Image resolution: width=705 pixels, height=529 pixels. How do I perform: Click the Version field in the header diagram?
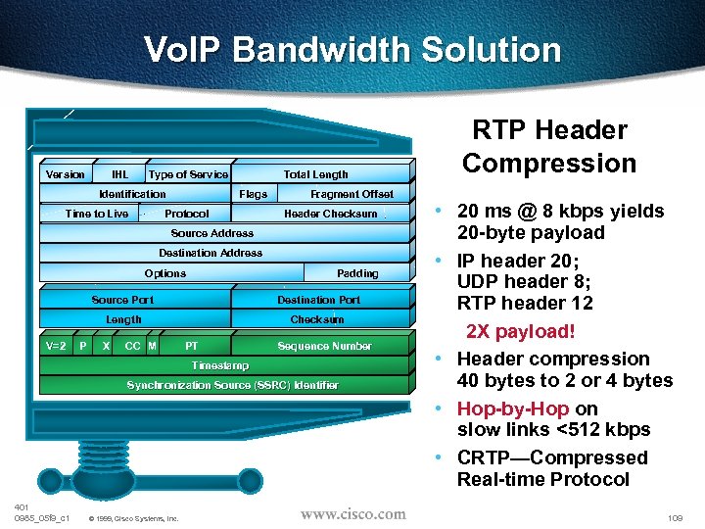pos(66,174)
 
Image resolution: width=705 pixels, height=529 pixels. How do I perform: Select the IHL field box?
pos(120,174)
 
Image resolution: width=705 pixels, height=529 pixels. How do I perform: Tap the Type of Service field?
pos(188,174)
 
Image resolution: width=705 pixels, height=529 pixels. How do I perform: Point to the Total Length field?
pos(315,174)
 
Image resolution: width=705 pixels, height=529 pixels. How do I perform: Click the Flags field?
pos(253,194)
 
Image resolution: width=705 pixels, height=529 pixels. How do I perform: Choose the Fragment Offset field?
pos(352,194)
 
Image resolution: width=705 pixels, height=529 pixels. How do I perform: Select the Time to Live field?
pos(96,214)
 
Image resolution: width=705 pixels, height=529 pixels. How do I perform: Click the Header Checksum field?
pos(330,214)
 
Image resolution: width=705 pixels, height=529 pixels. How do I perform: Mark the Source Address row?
pos(212,233)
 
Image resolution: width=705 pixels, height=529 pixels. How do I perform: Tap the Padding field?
pos(357,273)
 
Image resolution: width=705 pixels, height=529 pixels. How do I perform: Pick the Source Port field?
pos(122,300)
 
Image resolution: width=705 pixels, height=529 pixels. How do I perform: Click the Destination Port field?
pos(318,300)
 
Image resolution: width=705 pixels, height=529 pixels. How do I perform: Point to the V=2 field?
pos(56,346)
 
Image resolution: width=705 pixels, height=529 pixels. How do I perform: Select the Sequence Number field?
pos(324,346)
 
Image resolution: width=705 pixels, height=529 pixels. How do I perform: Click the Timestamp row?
pos(220,365)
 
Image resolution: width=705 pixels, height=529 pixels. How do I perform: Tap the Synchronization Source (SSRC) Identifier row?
pos(232,385)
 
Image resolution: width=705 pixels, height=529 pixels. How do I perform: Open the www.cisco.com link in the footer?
pos(352,514)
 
